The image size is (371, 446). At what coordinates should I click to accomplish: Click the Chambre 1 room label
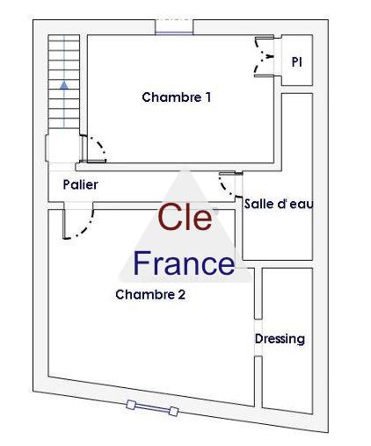[x=176, y=97]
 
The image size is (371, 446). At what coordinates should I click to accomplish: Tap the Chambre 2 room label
[x=150, y=294]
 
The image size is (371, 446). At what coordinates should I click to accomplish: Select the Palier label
[x=80, y=184]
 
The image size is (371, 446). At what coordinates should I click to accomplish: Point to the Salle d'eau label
[x=279, y=204]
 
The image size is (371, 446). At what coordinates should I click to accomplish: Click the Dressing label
[x=280, y=339]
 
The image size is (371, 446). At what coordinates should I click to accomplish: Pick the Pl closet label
[x=297, y=61]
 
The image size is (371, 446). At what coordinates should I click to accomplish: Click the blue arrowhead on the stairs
[x=64, y=85]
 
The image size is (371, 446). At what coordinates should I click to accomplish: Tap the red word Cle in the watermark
[x=185, y=217]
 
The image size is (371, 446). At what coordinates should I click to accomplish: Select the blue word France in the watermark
[x=184, y=263]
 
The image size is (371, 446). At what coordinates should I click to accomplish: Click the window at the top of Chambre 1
[x=174, y=27]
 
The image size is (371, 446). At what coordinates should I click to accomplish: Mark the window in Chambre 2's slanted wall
[x=152, y=408]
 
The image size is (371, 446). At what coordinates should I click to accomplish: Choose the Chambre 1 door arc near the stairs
[x=100, y=146]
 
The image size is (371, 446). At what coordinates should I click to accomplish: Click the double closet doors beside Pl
[x=264, y=56]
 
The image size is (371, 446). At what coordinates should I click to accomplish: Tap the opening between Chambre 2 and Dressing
[x=258, y=337]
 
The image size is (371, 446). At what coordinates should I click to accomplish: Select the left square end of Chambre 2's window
[x=131, y=405]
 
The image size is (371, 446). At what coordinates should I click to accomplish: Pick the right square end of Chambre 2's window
[x=174, y=411]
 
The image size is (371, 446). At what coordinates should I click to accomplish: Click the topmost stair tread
[x=64, y=38]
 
